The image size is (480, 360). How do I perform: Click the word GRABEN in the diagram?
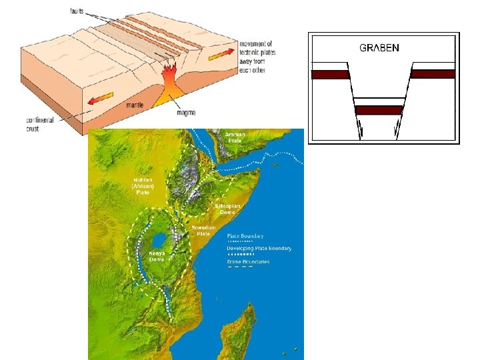[379, 48]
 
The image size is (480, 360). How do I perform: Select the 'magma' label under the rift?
[186, 113]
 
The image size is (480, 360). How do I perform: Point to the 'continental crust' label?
[41, 124]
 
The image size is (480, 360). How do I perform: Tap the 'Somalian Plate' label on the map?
[203, 230]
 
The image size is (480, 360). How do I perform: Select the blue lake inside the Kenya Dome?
[159, 239]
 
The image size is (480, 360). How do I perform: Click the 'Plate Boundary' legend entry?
[245, 236]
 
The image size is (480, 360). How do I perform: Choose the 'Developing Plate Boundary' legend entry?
[259, 249]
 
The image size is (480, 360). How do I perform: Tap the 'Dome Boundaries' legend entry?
[248, 262]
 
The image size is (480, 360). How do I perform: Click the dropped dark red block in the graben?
[379, 110]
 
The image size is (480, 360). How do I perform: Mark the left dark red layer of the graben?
[331, 74]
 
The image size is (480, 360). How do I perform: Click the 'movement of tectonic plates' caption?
[257, 51]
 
